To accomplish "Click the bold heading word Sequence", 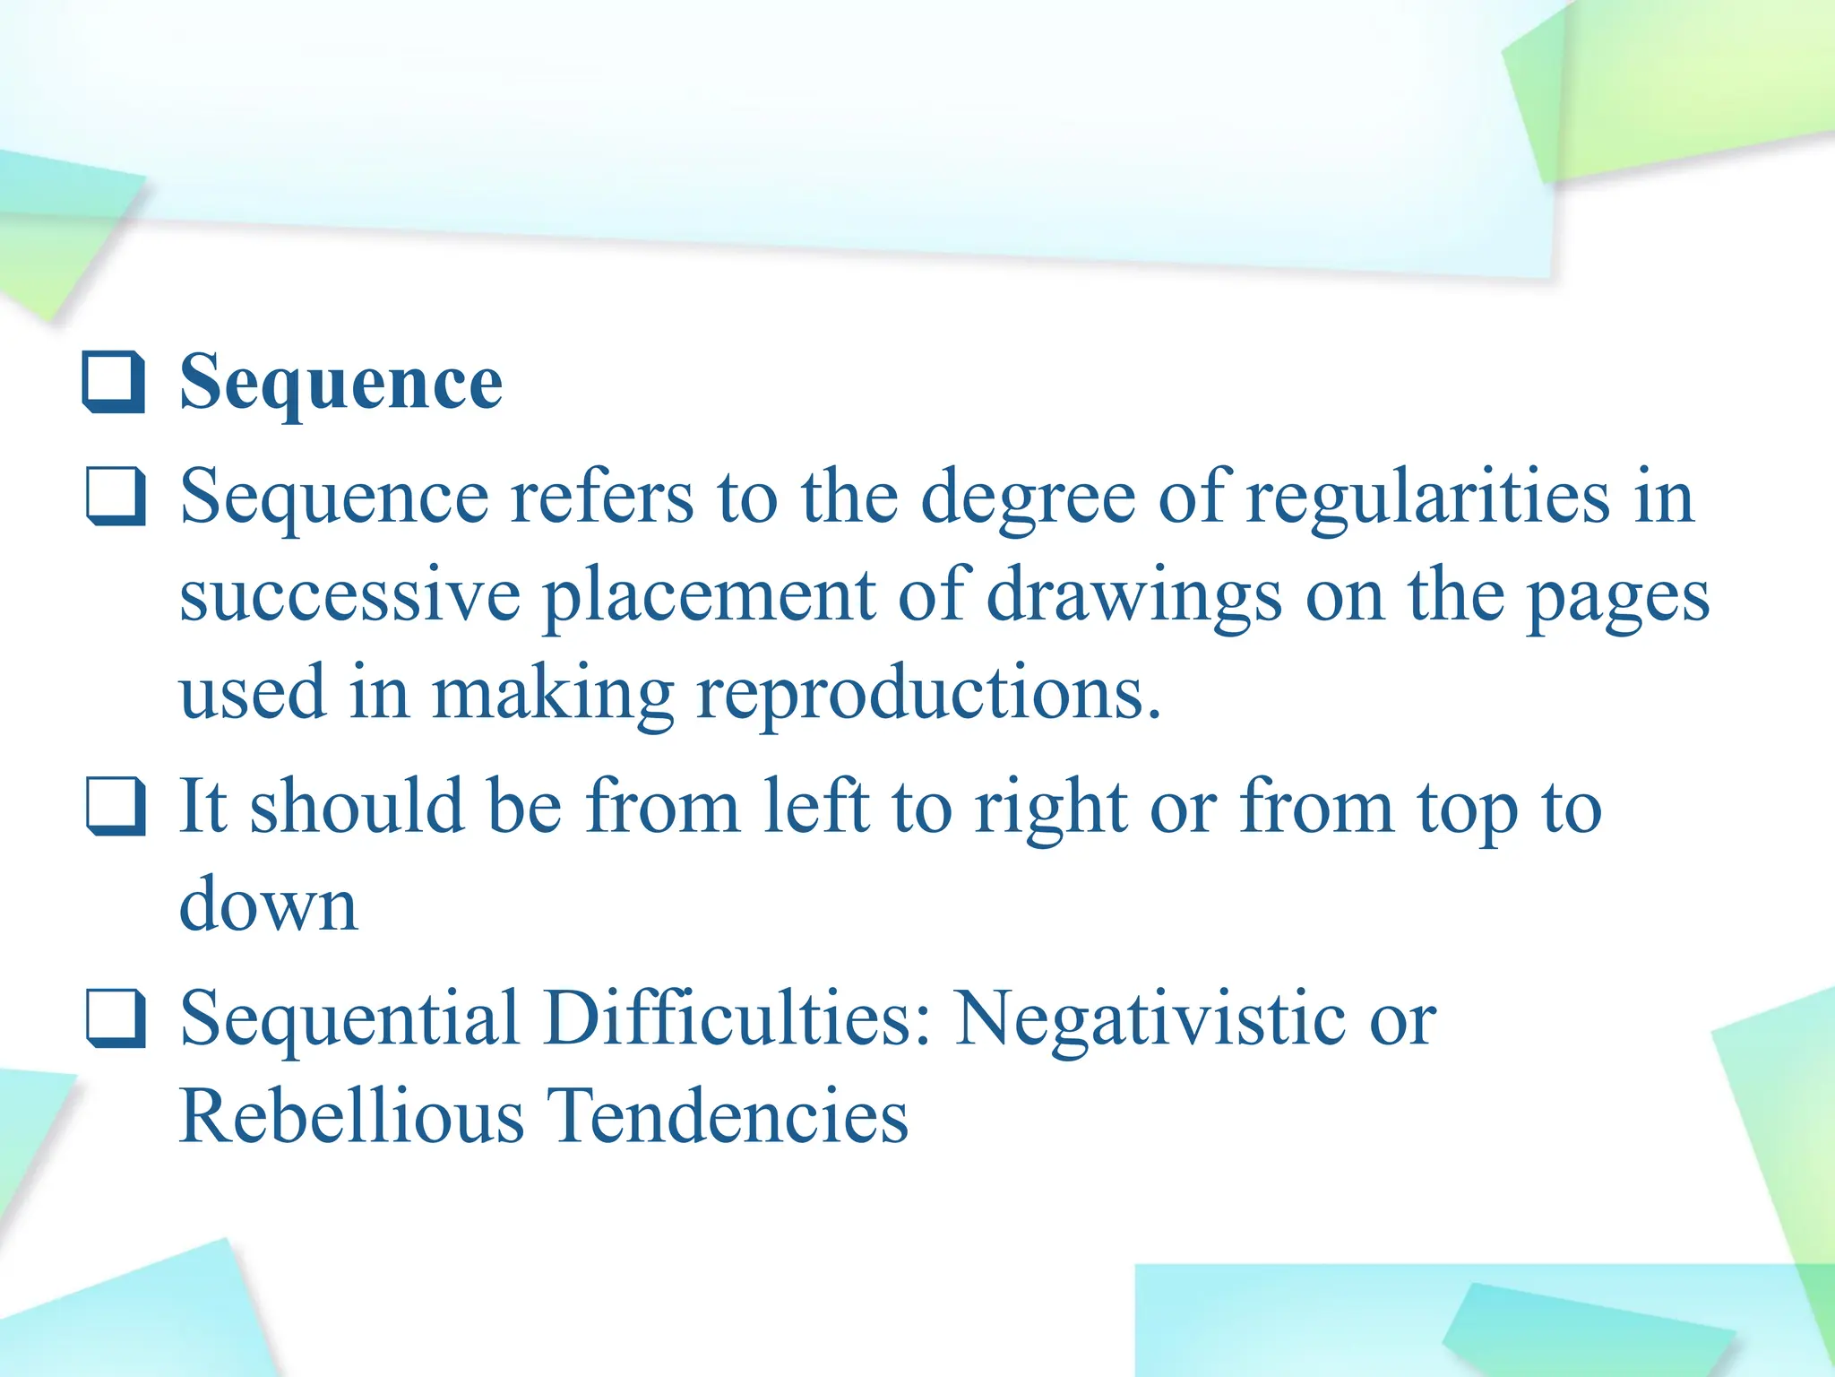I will point(341,384).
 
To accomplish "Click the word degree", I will point(1029,498).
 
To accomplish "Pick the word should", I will point(357,806).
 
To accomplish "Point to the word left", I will point(816,806).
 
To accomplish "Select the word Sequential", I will point(350,1019).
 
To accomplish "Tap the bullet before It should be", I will point(116,806).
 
